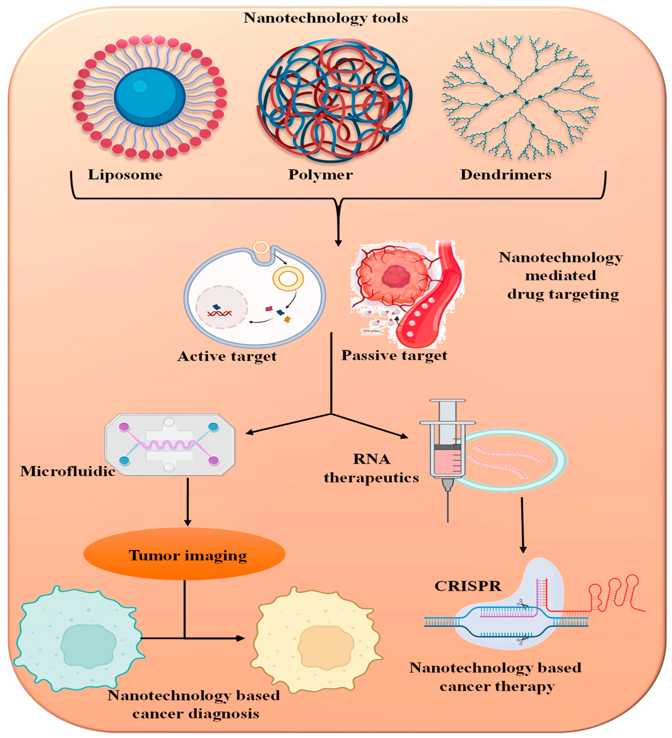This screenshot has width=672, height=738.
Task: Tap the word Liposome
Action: tap(125, 175)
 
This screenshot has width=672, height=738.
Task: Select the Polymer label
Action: tap(321, 175)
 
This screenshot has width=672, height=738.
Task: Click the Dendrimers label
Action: tap(505, 175)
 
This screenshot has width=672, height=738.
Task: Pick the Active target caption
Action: tap(227, 356)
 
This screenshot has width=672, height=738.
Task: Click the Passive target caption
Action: tap(394, 355)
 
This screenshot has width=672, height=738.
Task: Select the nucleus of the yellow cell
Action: tap(325, 646)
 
